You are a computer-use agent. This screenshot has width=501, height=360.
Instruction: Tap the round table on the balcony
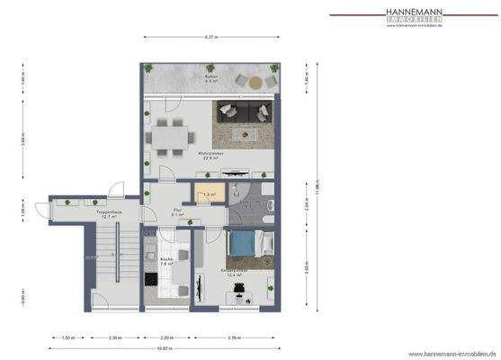point(255,82)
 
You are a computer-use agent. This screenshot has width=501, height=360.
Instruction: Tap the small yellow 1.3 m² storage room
point(209,194)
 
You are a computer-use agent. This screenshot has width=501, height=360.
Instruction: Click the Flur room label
point(178,212)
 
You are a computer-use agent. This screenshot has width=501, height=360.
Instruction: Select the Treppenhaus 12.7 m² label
point(110,215)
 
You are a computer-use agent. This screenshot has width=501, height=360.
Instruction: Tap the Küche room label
point(166,261)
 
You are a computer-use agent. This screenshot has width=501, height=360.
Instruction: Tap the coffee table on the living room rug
point(243,133)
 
